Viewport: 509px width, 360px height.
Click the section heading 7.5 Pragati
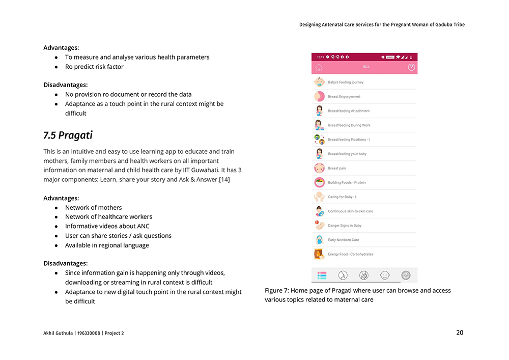click(68, 135)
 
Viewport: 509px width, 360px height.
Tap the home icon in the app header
click(319, 67)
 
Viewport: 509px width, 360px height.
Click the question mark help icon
click(411, 67)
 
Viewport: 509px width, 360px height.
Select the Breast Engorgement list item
click(344, 96)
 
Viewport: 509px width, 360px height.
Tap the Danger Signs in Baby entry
click(345, 226)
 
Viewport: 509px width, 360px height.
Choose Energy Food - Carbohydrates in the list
click(350, 254)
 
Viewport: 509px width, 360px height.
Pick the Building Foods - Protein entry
click(347, 182)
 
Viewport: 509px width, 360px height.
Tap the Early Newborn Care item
click(343, 240)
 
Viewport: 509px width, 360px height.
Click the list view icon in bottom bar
click(322, 275)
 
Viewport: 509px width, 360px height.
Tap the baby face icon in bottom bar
click(385, 275)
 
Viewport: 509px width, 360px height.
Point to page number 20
click(460, 333)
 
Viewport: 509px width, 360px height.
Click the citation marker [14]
click(224, 180)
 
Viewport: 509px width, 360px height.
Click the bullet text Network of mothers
click(93, 207)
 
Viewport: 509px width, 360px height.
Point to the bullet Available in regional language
click(107, 245)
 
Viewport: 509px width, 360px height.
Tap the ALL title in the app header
click(366, 67)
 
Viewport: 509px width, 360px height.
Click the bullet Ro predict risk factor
click(94, 67)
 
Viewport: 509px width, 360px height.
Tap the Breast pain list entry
click(337, 168)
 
